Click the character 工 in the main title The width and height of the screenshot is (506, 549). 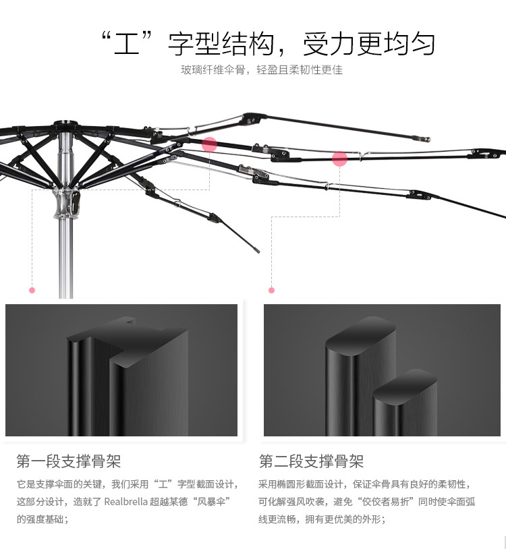(x=126, y=44)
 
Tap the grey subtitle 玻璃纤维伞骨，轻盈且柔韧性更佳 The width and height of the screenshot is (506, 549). (x=262, y=69)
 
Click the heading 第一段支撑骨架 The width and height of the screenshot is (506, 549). (x=69, y=461)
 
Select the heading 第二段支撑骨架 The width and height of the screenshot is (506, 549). (x=311, y=461)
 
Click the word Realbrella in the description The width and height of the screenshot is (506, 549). (x=125, y=502)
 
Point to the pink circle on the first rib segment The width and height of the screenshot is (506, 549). (x=209, y=144)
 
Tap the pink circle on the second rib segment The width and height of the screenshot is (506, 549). (x=339, y=159)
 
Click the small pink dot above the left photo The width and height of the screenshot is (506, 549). (x=32, y=290)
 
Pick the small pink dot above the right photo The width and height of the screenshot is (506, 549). (x=271, y=290)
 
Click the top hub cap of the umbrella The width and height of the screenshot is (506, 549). (x=66, y=123)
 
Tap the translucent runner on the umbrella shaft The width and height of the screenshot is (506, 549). (x=66, y=203)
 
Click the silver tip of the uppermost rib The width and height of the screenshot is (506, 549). (x=426, y=139)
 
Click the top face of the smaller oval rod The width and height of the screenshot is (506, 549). (x=405, y=387)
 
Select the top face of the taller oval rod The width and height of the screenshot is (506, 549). (x=361, y=335)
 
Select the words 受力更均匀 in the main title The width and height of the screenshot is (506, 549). (x=369, y=44)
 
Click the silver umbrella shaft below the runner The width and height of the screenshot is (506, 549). (x=66, y=259)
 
